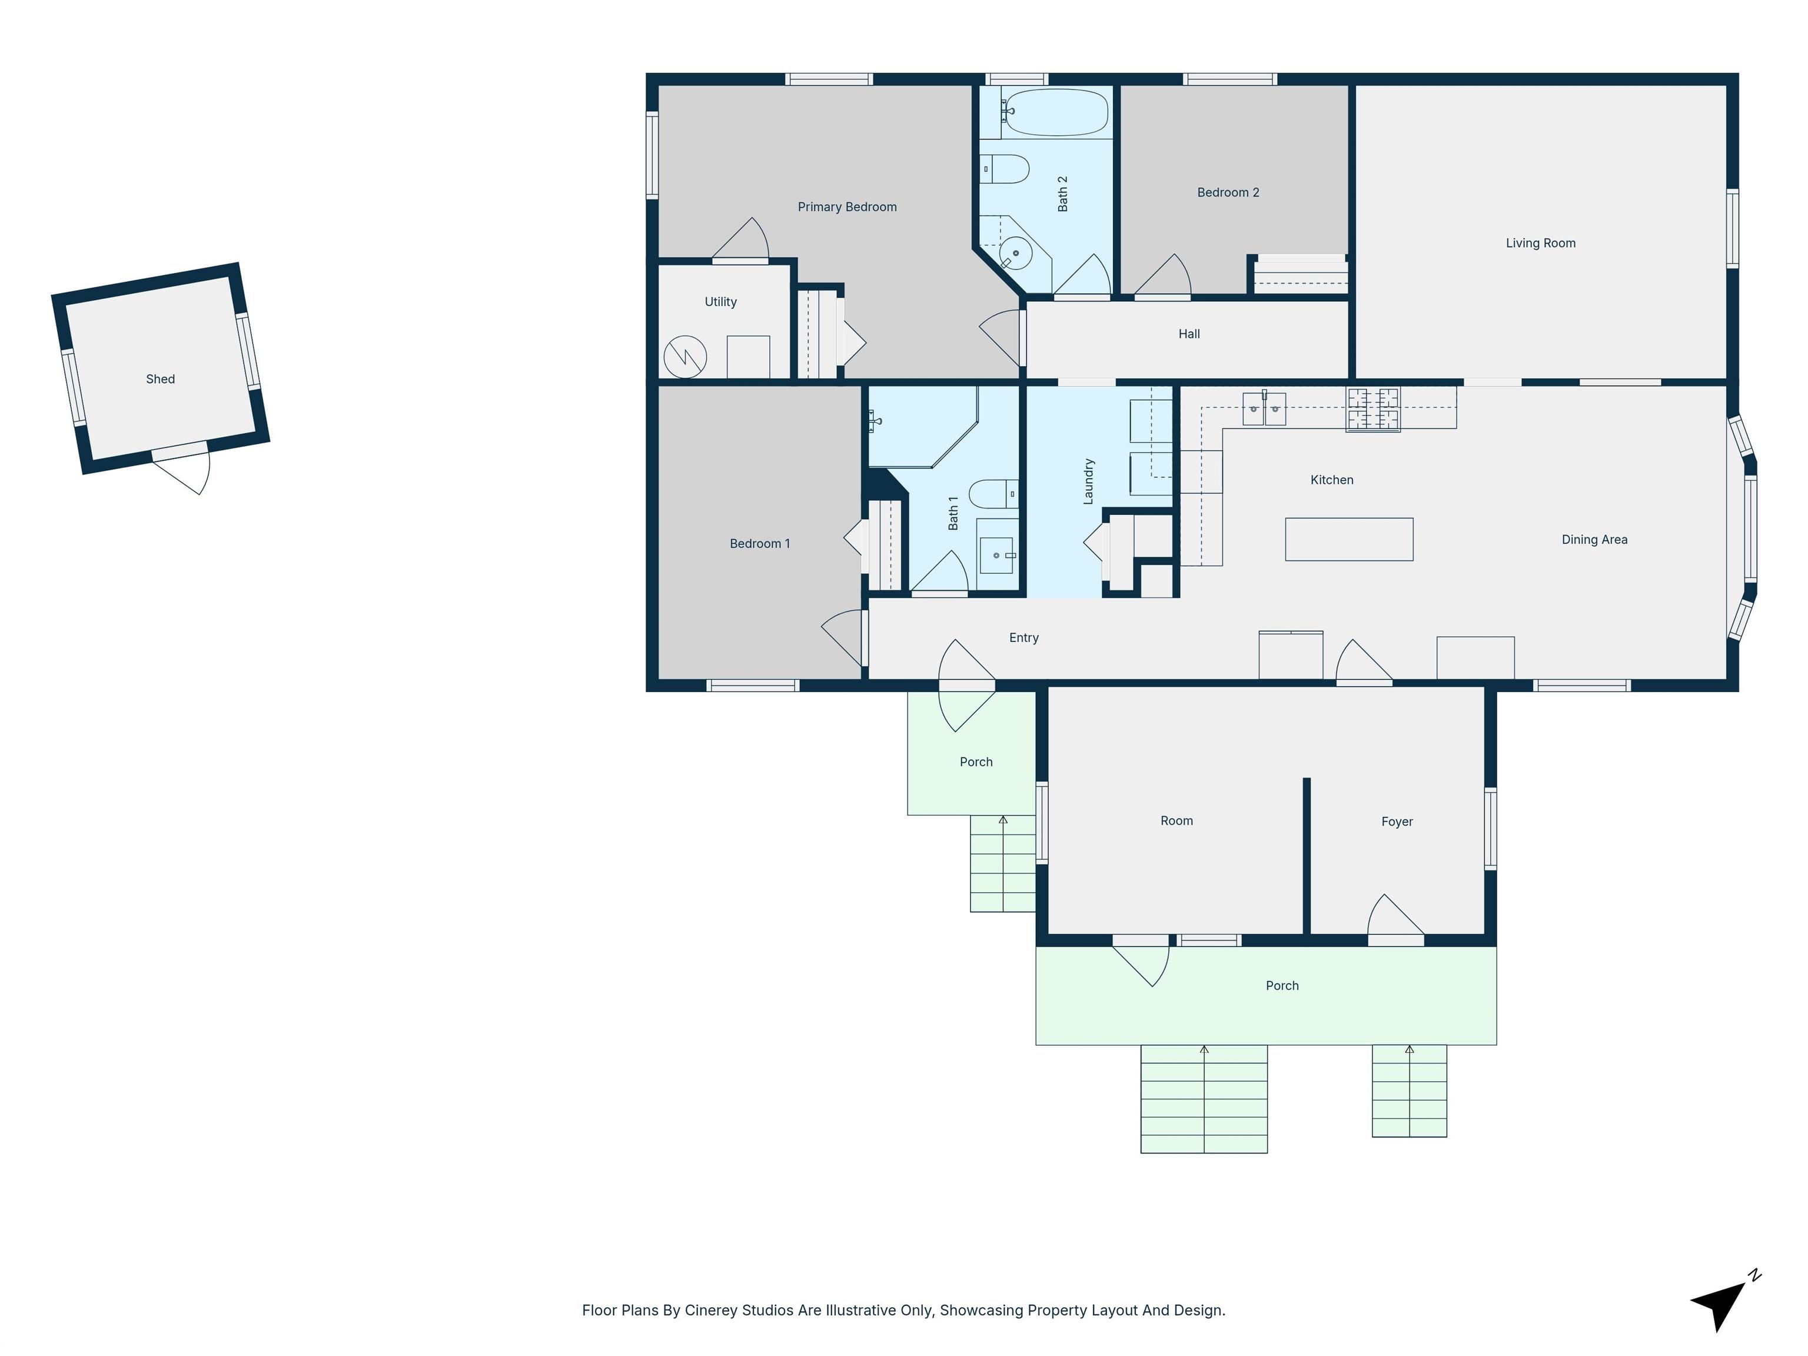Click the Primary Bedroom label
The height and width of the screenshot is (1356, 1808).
click(x=847, y=207)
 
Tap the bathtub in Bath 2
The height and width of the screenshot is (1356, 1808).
click(x=1055, y=112)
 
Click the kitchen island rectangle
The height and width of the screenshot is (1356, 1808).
click(x=1349, y=540)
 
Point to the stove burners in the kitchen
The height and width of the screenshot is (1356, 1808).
click(x=1373, y=408)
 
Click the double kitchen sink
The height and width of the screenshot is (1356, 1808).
click(x=1264, y=408)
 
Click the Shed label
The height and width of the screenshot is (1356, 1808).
click(x=160, y=379)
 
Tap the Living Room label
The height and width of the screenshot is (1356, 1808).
click(x=1540, y=242)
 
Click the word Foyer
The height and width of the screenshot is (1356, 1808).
click(x=1397, y=822)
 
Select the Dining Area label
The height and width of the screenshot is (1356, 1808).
click(x=1594, y=540)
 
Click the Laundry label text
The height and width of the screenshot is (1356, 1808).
click(x=1088, y=481)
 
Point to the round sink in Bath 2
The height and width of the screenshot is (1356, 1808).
click(x=1015, y=254)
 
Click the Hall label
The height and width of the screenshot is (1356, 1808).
click(x=1188, y=334)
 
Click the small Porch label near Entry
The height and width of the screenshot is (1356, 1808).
click(x=976, y=762)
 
